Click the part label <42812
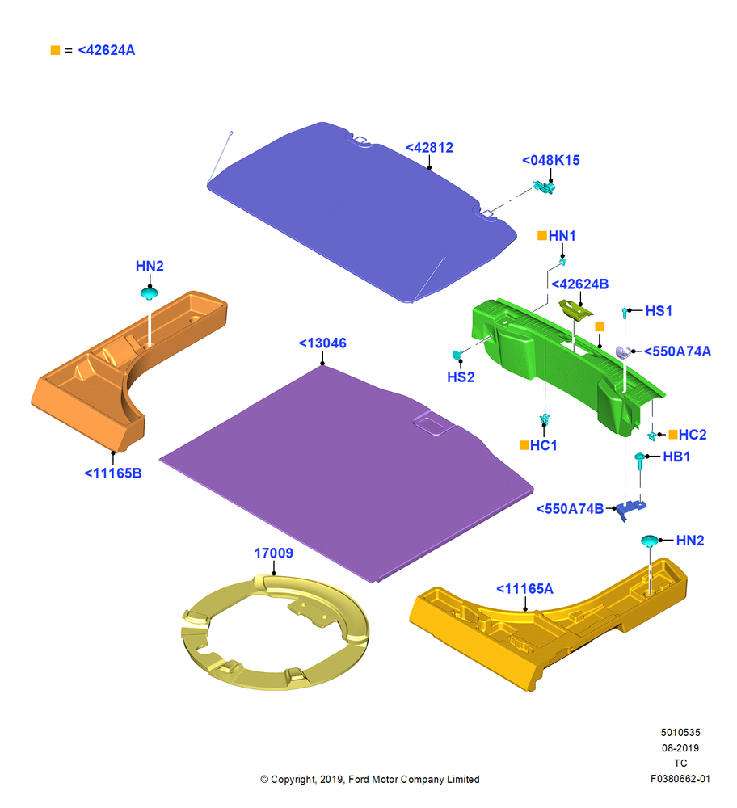[429, 148]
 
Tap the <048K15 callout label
[550, 160]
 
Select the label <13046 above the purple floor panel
[322, 343]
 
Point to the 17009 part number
[273, 553]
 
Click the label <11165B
[112, 473]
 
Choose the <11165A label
[524, 588]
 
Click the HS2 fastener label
[461, 377]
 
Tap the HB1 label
[676, 457]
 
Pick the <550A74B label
[570, 508]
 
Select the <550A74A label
[677, 351]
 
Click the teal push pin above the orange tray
[149, 294]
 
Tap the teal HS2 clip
[457, 355]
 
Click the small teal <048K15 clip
[544, 187]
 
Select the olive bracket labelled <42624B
[575, 309]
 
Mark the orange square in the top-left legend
[55, 50]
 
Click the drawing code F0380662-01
[680, 779]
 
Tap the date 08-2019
[680, 747]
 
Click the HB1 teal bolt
[639, 461]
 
